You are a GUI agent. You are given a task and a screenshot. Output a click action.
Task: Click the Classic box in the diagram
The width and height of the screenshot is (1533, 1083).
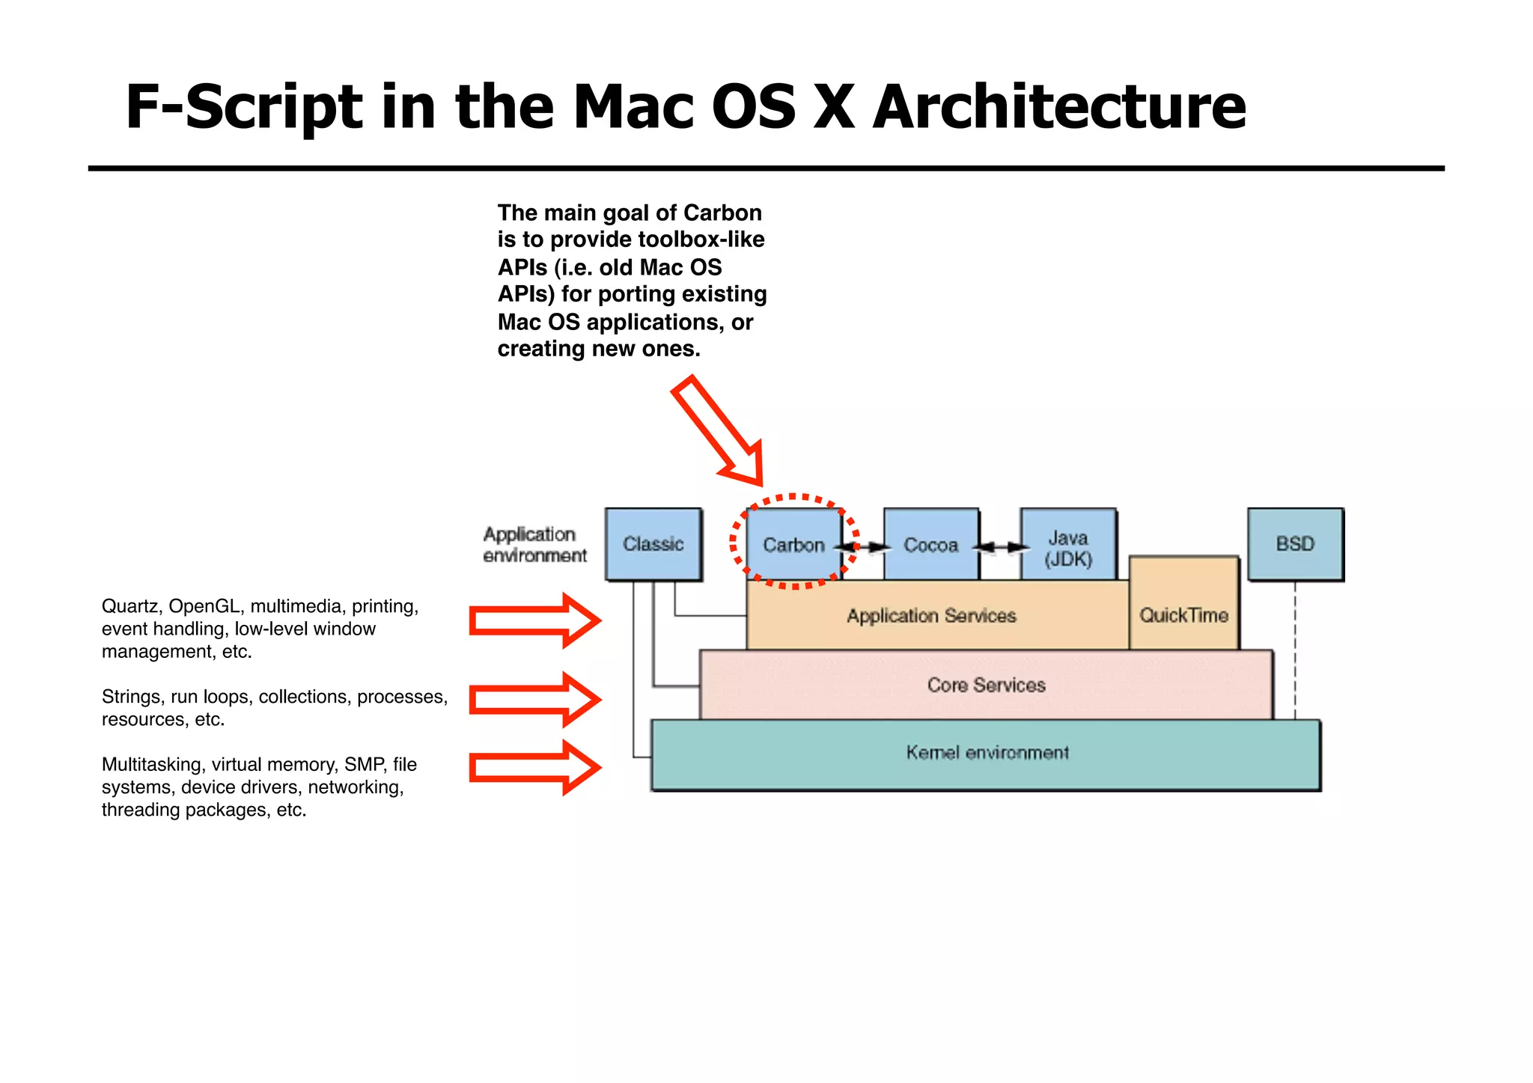click(x=653, y=544)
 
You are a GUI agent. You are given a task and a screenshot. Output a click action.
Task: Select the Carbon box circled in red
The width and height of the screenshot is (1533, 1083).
click(x=793, y=545)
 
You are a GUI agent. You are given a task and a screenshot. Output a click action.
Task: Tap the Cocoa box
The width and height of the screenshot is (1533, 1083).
click(x=930, y=545)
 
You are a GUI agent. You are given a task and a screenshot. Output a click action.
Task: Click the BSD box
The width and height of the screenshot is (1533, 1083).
click(x=1295, y=544)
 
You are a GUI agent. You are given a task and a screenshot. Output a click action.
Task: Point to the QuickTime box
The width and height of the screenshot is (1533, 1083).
click(x=1183, y=615)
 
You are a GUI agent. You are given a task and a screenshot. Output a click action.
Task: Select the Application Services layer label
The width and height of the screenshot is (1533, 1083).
click(x=931, y=616)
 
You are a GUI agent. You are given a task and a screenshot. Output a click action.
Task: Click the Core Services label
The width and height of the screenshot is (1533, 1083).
click(x=986, y=685)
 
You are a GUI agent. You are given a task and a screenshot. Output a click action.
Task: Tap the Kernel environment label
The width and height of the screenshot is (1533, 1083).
click(x=987, y=752)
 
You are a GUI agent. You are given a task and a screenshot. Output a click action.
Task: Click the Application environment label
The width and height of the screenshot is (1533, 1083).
click(x=534, y=545)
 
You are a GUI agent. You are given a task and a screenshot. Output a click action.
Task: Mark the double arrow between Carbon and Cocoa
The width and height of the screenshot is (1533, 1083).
click(x=863, y=547)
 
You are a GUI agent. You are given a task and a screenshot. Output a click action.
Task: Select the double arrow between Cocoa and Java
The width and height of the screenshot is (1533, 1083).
click(x=1000, y=547)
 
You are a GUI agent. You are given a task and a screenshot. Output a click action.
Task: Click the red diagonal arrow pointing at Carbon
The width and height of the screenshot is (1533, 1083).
click(x=719, y=430)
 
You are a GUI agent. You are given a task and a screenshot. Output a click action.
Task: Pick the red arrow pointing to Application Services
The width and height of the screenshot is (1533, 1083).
click(x=534, y=620)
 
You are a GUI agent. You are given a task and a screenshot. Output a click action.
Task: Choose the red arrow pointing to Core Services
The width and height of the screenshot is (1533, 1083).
click(x=534, y=699)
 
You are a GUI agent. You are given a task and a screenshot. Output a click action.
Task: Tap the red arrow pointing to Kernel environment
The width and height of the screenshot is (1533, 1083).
click(x=534, y=767)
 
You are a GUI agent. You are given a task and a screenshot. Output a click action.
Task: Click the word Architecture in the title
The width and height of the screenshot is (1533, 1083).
click(x=1058, y=106)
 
